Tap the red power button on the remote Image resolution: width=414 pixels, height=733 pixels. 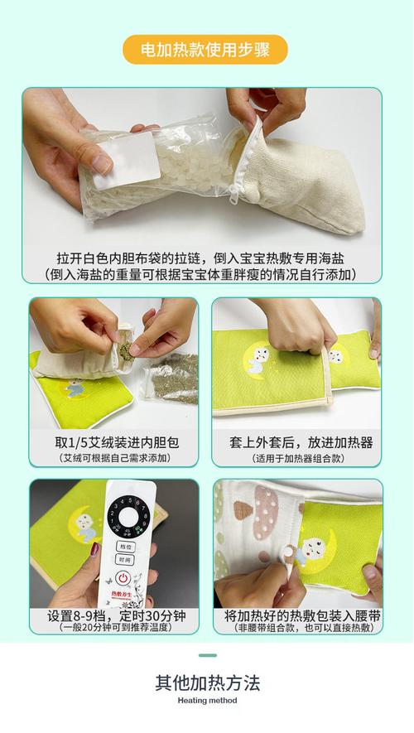[123, 576]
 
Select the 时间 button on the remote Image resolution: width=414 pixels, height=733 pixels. [123, 560]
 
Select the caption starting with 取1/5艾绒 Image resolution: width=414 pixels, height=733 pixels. [115, 442]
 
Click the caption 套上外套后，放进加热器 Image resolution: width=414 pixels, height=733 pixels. [296, 442]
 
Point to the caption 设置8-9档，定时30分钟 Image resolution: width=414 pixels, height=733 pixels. [115, 617]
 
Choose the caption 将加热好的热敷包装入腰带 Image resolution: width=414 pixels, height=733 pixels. [296, 617]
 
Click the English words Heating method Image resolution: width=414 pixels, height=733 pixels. [207, 702]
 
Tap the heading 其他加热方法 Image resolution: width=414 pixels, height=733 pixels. [207, 683]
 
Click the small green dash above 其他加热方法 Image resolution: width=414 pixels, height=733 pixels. [207, 656]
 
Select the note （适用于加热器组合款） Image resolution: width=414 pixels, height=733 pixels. [296, 458]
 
